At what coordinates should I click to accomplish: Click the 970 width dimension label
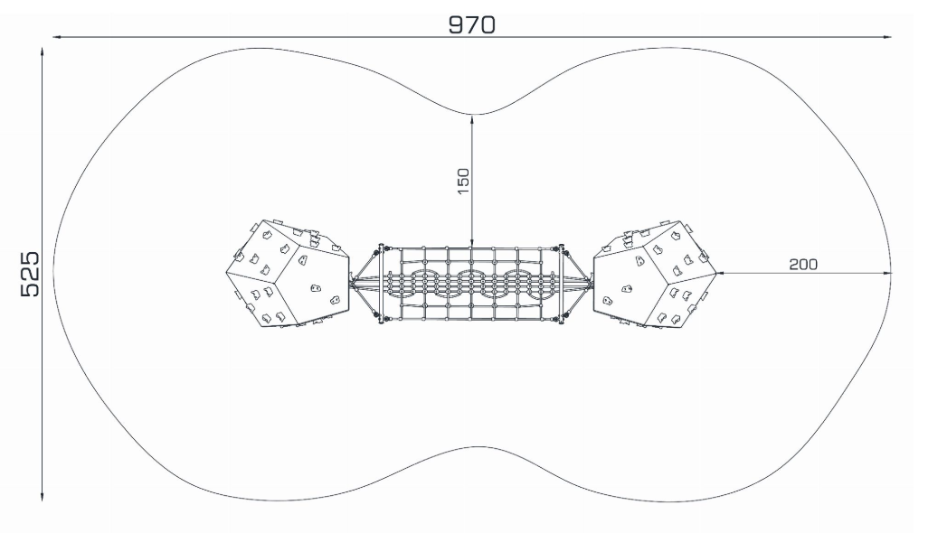472,24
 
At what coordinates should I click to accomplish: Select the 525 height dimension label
30,275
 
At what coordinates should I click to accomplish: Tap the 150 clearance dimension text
463,181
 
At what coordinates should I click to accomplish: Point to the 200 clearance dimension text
803,264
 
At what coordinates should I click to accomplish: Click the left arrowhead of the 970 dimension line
57,37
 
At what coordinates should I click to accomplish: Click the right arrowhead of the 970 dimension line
887,37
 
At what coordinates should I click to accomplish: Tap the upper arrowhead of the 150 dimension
472,119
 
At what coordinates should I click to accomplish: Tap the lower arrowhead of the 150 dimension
472,241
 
